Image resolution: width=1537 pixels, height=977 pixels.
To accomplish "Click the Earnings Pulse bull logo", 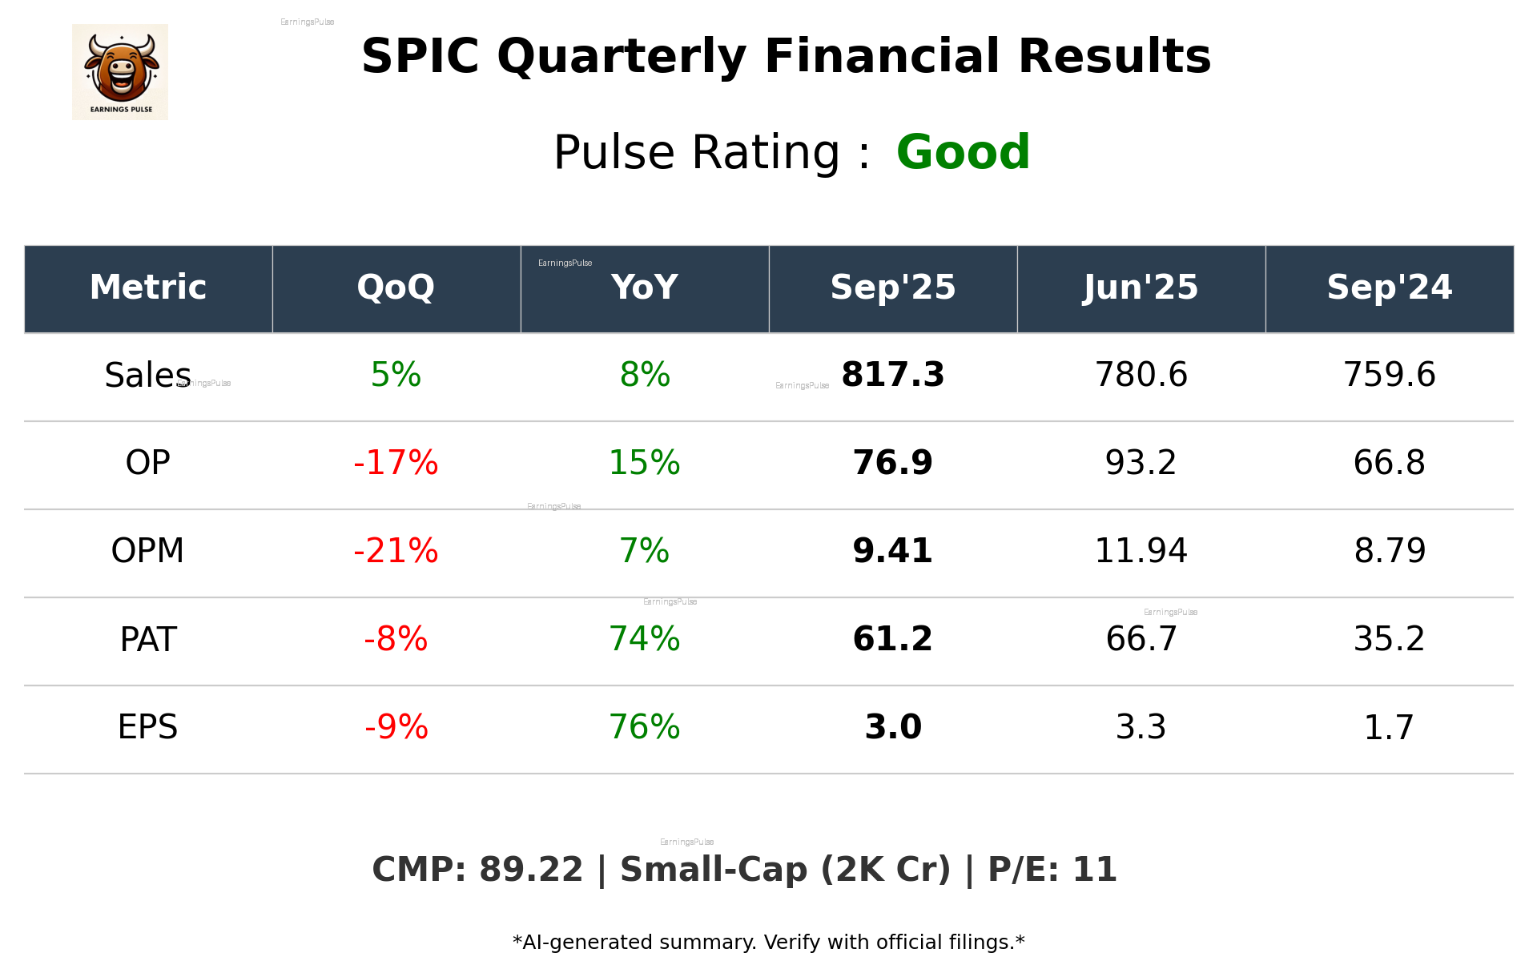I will click(120, 71).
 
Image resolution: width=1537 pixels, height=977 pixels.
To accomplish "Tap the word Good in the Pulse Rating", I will click(963, 152).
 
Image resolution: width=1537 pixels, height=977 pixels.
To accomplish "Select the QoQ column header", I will click(396, 287).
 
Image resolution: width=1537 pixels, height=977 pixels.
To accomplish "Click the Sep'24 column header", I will click(1389, 287).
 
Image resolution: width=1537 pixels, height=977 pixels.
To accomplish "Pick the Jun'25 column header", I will click(1141, 287).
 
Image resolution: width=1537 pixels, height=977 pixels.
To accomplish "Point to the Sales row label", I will click(147, 375).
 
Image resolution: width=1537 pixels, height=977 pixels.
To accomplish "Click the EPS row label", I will click(147, 727).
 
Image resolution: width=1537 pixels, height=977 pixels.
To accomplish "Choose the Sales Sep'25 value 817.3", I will click(892, 375).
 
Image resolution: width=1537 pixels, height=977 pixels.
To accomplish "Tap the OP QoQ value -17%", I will click(396, 463).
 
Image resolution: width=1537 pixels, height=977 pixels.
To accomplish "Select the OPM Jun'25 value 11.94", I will click(1141, 551).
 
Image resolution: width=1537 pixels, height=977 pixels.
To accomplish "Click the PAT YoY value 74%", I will click(644, 639).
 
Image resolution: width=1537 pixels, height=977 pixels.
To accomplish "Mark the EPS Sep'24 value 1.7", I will click(1389, 727).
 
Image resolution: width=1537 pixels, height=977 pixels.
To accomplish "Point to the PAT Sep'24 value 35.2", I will click(1389, 639).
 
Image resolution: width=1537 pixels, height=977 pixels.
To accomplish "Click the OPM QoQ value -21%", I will click(396, 551).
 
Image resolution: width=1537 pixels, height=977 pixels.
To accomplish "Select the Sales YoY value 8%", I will click(644, 375).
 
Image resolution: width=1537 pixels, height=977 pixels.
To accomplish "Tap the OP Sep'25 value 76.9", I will click(892, 463).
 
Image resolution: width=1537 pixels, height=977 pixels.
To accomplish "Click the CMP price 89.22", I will click(530, 870).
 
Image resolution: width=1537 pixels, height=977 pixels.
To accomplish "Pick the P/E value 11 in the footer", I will click(1094, 870).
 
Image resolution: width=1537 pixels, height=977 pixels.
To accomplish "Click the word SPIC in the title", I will click(420, 57).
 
